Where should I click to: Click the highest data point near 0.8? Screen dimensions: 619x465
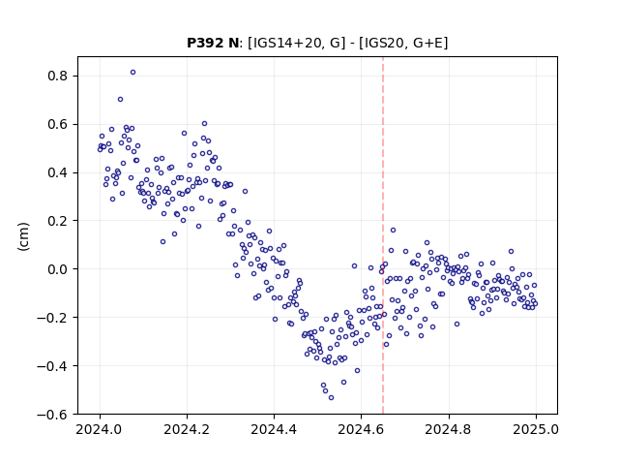pos(133,73)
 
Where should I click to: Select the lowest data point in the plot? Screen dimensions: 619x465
pos(331,398)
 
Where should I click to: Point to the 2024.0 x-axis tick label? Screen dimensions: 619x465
pos(99,429)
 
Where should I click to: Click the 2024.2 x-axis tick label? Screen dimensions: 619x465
pos(187,429)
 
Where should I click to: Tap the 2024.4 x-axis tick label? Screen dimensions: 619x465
pos(274,429)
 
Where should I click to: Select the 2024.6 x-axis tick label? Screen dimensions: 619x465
pos(361,429)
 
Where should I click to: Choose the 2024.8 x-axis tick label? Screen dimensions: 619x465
pos(449,429)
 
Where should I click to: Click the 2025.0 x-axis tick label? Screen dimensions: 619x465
pos(536,429)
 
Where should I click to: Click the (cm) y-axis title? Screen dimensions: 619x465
pos(23,236)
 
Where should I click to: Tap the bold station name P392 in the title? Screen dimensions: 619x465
pos(206,43)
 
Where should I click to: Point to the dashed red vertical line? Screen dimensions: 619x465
pos(383,235)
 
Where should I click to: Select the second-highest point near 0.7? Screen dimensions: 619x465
pos(120,100)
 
